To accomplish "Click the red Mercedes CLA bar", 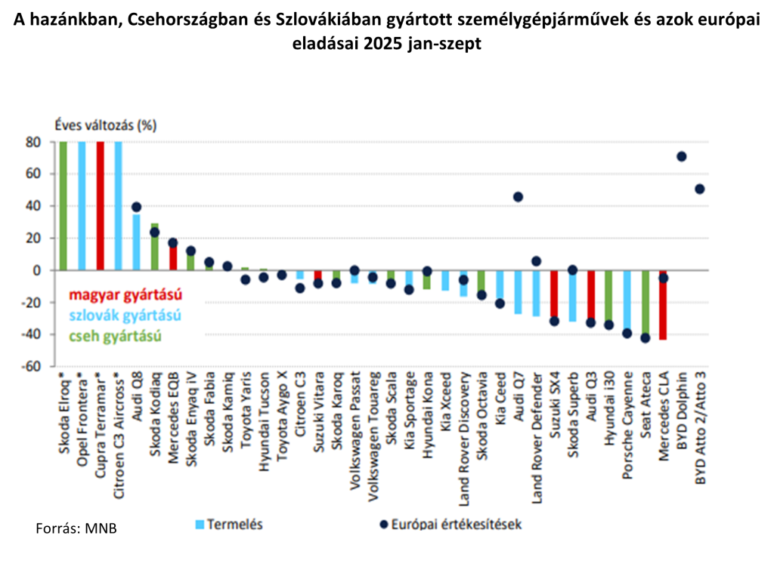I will (663, 306).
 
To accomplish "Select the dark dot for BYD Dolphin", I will (681, 156).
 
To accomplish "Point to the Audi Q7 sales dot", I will (518, 197).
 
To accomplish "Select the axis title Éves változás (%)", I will (104, 126).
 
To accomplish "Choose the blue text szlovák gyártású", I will (117, 315).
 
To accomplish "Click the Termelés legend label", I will (234, 524).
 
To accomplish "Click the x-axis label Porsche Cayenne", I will (627, 426).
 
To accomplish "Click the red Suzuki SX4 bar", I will (554, 294).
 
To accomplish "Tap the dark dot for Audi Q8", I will (136, 207).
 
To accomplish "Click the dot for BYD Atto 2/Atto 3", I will (700, 189).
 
